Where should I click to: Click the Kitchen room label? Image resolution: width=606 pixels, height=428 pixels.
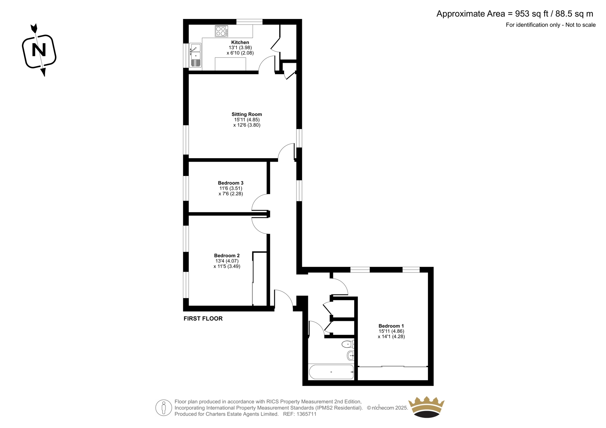click(x=240, y=42)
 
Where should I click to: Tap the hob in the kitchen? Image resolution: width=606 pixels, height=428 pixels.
click(x=221, y=31)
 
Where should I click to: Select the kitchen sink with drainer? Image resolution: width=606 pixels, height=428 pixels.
click(x=195, y=55)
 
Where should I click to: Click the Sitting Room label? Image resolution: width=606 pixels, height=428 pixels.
click(x=247, y=114)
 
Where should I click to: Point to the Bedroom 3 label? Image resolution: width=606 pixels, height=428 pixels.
click(x=231, y=183)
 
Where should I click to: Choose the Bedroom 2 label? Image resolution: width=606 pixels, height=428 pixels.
click(x=227, y=255)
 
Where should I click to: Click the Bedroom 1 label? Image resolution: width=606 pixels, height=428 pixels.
click(x=391, y=326)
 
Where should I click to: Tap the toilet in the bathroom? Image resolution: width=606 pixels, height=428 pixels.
click(x=348, y=344)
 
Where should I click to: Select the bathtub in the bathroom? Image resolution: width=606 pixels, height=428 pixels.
click(x=331, y=372)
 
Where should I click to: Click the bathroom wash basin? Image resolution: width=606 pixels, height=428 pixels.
click(x=350, y=356)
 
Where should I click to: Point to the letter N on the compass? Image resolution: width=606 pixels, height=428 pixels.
click(x=39, y=50)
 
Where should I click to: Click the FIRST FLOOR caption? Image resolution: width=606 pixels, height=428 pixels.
click(x=203, y=319)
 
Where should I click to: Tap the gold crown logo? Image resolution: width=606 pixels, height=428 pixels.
click(x=426, y=407)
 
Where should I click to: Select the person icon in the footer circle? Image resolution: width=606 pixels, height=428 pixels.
click(x=163, y=408)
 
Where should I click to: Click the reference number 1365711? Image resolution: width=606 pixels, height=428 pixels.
click(x=306, y=414)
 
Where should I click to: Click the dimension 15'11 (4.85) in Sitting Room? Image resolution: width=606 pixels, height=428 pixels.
click(x=247, y=120)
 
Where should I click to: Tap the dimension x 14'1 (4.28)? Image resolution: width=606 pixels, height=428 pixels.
click(x=391, y=337)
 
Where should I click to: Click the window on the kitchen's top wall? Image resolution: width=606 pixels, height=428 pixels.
click(x=250, y=22)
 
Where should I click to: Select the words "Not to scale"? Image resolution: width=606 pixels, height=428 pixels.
click(x=581, y=25)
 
